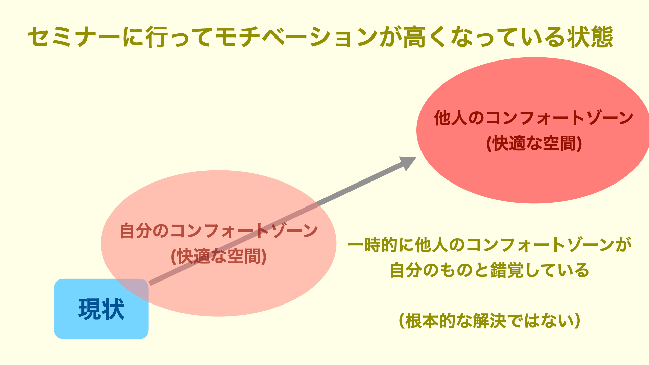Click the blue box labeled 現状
click(101, 309)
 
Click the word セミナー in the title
click(74, 37)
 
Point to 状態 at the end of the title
click(590, 37)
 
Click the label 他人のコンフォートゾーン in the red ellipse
click(534, 118)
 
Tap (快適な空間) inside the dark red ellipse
click(534, 143)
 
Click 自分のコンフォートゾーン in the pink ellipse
click(219, 231)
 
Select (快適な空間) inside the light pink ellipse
click(219, 257)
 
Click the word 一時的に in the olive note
click(381, 245)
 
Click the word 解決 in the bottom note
click(489, 321)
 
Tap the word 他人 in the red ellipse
click(451, 118)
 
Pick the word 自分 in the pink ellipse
click(136, 231)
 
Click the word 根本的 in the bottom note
click(430, 321)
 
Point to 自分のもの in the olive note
click(431, 270)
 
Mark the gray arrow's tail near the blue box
click(150, 284)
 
